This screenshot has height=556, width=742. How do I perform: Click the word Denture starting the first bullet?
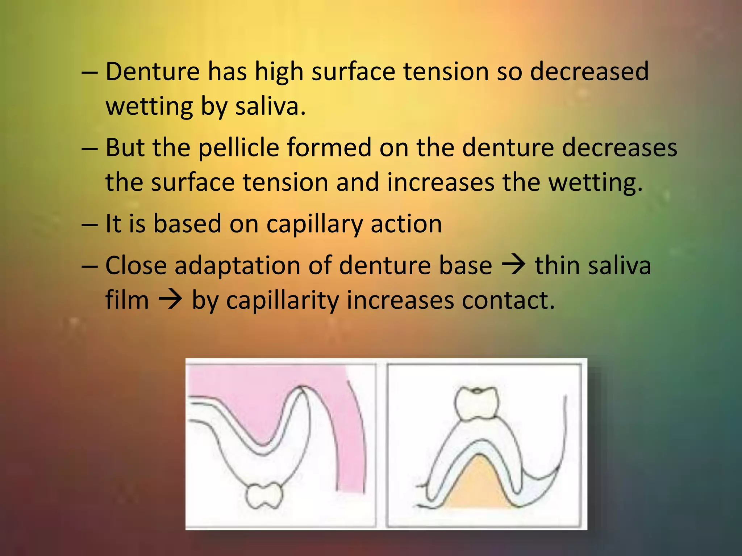pyautogui.click(x=153, y=71)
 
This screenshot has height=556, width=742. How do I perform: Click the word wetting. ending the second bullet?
pyautogui.click(x=596, y=182)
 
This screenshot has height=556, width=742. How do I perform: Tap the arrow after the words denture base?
pyautogui.click(x=513, y=265)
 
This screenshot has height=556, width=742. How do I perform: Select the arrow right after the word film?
pyautogui.click(x=170, y=300)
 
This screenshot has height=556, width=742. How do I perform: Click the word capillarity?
pyautogui.click(x=282, y=301)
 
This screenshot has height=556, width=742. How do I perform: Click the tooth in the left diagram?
pyautogui.click(x=264, y=496)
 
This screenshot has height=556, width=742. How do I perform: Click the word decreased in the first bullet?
pyautogui.click(x=589, y=71)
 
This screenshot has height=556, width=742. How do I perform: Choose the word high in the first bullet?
pyautogui.click(x=279, y=72)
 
